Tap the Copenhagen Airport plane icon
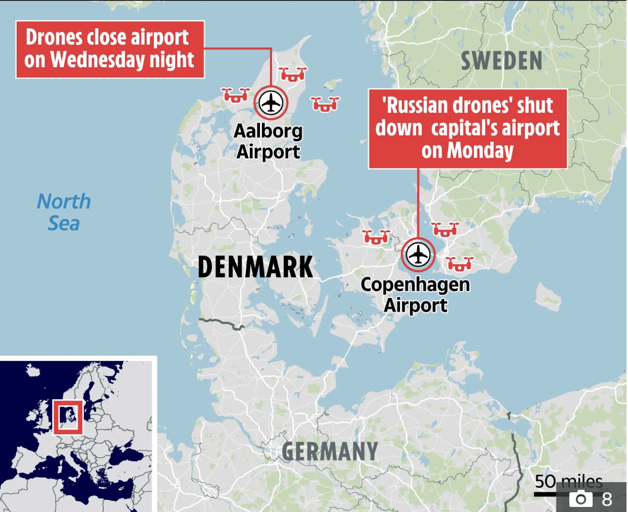(x=418, y=254)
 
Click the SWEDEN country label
(x=501, y=61)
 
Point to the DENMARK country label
(x=255, y=267)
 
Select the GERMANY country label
(x=330, y=452)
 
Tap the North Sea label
(x=64, y=212)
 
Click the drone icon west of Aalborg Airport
(x=236, y=95)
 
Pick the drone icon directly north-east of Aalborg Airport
(x=293, y=74)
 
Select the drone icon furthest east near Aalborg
(x=325, y=104)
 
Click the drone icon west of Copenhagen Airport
(x=376, y=237)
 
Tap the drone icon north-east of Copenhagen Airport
(x=445, y=230)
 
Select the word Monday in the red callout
(x=480, y=151)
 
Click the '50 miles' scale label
(x=568, y=481)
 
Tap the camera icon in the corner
(x=580, y=499)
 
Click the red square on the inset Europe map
(x=68, y=417)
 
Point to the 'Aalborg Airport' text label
(x=268, y=141)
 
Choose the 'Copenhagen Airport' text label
(x=415, y=294)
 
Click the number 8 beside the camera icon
(x=607, y=499)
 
